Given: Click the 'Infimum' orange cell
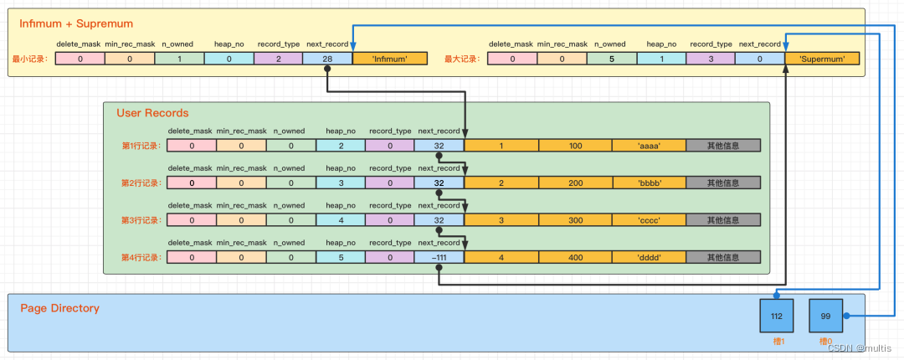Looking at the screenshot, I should pos(390,59).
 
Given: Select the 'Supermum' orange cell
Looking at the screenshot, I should pos(823,59).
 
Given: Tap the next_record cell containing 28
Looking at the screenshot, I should pos(327,59).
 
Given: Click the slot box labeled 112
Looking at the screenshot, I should pos(777,316).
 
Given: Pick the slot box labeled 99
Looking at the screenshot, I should pos(826,316).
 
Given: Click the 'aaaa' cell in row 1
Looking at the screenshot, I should pos(649,146).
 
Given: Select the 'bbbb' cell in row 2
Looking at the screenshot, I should pos(649,183).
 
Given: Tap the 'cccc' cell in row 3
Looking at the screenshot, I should pos(649,220).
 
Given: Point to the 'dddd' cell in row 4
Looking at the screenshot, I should pos(649,257).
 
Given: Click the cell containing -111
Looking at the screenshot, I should pos(439,257).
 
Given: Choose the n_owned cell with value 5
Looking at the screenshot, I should pos(611,59).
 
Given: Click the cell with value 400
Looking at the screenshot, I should pos(575,257).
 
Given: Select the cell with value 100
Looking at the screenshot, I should pos(575,146).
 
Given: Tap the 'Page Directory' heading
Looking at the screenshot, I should pos(59,308).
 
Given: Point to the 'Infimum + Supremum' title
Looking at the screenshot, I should pos(75,23).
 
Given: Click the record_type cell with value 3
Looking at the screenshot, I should pos(710,59).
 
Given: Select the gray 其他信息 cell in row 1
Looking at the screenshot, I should pos(723,146).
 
